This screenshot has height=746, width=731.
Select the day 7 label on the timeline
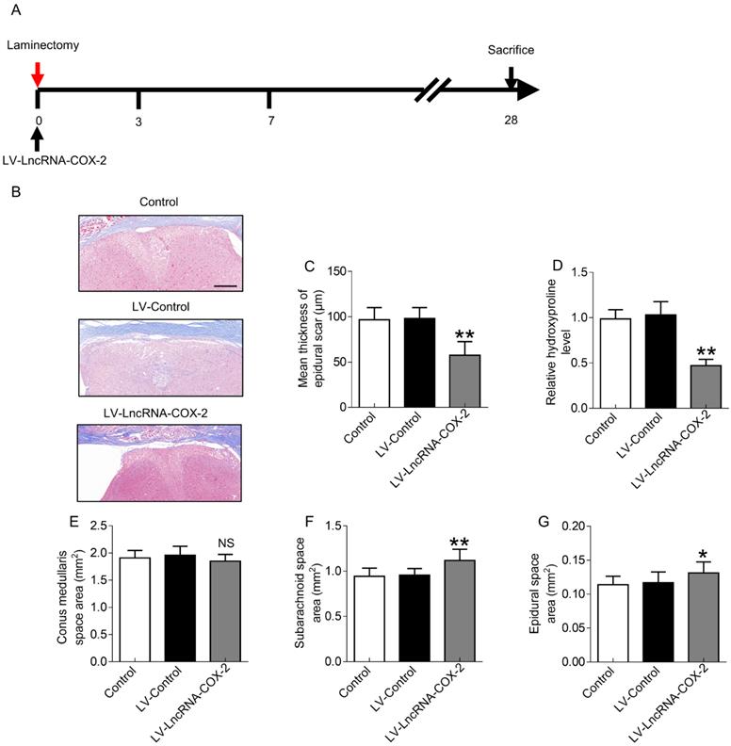click(270, 121)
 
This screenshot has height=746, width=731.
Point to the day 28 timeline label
click(510, 121)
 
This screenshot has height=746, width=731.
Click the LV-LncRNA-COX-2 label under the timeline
click(54, 159)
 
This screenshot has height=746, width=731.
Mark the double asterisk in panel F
click(434, 542)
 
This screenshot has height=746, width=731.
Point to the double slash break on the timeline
click(437, 91)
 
